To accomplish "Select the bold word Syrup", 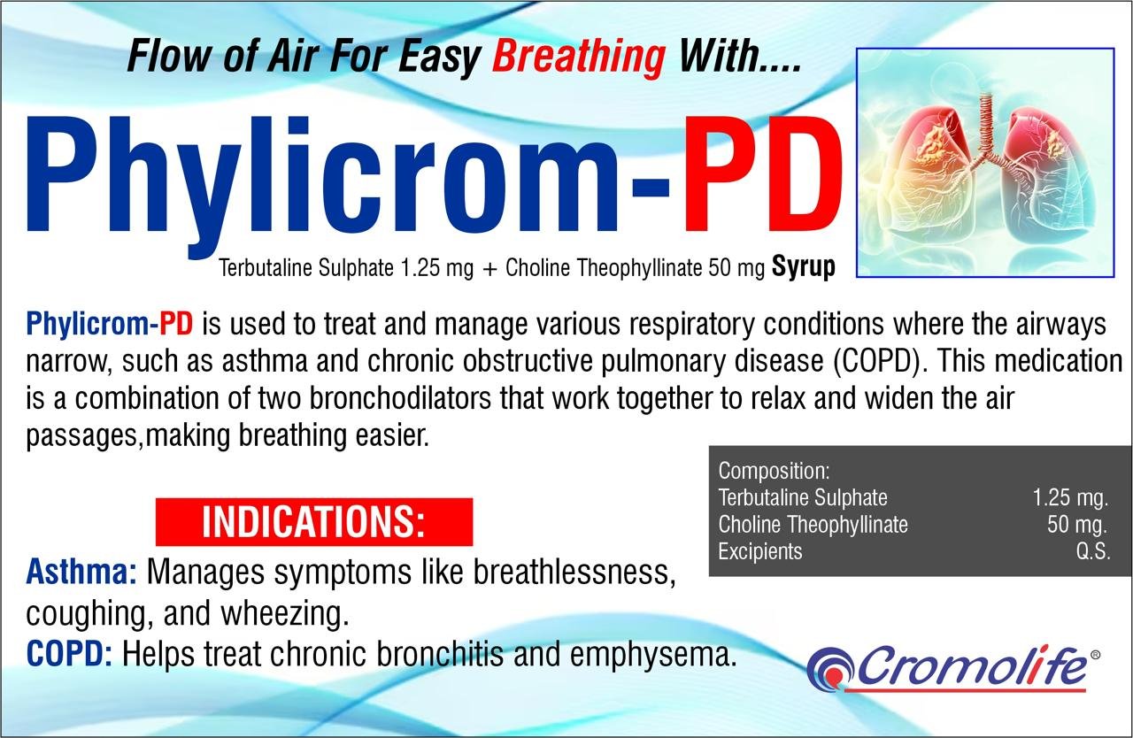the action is click(x=803, y=268).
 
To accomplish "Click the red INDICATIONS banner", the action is click(x=314, y=522).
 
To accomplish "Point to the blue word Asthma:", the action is click(x=81, y=573).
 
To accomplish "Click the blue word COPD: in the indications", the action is click(x=69, y=654).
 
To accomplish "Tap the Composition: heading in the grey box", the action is click(x=774, y=471).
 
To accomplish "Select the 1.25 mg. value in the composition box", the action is click(x=1070, y=498).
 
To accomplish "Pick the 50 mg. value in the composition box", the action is click(x=1077, y=525).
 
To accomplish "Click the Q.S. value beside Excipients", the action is click(x=1092, y=551).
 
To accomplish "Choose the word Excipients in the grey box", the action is click(x=760, y=551).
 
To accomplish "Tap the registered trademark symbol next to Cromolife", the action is click(x=1096, y=655).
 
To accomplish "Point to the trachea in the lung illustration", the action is click(x=985, y=121).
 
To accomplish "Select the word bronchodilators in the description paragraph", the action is click(x=400, y=398).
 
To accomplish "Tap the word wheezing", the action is click(x=285, y=615).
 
